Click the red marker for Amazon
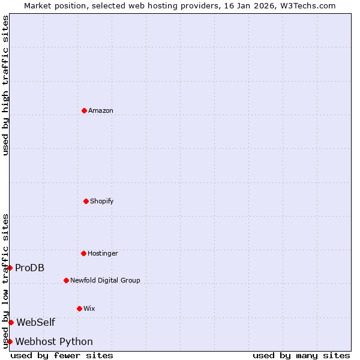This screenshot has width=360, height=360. pos(84,110)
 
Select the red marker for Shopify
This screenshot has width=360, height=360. pos(86,201)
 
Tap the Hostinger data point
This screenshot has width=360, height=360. pos(83,253)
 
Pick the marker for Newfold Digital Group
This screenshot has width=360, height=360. pos(66,280)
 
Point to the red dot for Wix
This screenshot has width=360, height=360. pos(79,308)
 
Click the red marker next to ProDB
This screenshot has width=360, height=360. pos(10,268)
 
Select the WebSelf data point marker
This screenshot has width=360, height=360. pos(11,322)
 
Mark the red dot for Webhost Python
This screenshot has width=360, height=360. pos(10,341)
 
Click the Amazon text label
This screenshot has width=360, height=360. pos(101,111)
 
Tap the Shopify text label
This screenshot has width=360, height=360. pos(102,202)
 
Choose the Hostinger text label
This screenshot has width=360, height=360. pos(103,254)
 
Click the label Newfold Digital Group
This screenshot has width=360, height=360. pos(105,281)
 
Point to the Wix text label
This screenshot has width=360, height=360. pos(89,309)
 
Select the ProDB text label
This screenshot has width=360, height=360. pos(30,268)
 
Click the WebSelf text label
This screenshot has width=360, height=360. pos(35,322)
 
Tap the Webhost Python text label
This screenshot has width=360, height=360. pos(54,342)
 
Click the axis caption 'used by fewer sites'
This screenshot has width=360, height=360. pos(62,355)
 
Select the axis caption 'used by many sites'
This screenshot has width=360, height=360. pos(301,355)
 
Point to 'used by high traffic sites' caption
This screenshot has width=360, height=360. pos(5,85)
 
